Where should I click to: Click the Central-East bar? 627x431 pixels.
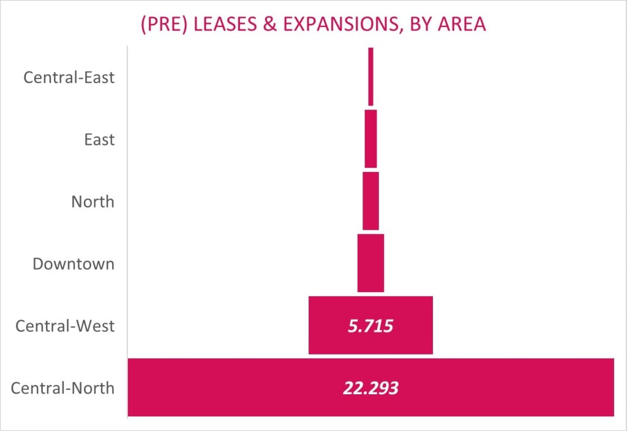coord(370,77)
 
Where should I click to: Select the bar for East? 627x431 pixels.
coord(370,138)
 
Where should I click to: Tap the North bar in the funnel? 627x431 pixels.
coord(370,201)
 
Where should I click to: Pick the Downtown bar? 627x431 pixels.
coord(370,263)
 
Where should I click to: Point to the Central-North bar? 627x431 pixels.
coord(245,387)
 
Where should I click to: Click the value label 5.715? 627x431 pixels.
coord(370,326)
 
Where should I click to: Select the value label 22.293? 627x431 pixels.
coord(370,388)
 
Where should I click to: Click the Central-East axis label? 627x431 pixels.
coord(69,78)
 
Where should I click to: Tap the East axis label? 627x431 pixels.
coord(99,140)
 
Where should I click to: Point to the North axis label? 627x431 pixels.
coord(92,201)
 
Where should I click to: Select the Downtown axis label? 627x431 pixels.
coord(73,264)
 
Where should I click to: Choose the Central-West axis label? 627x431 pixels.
coord(65,326)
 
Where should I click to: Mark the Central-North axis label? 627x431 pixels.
coord(62,388)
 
